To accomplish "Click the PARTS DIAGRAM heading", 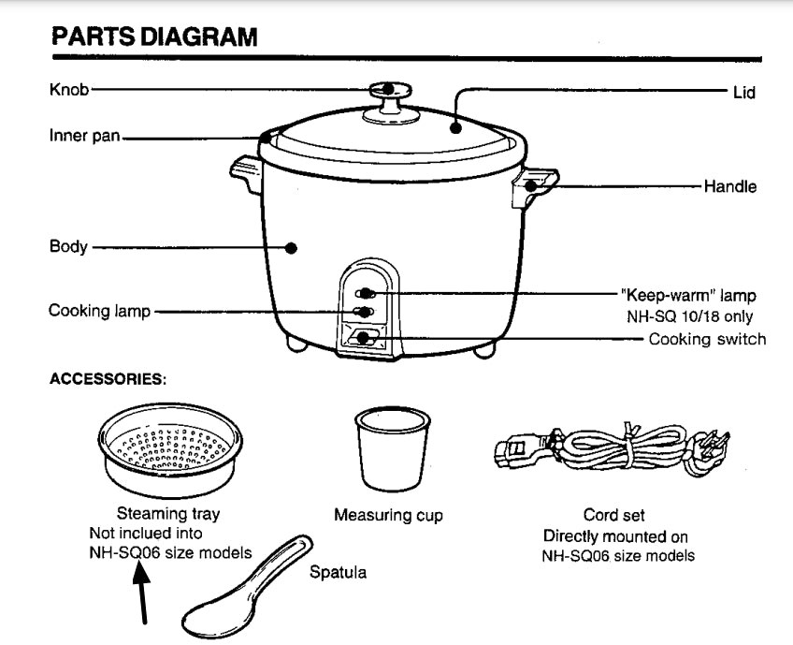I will [x=154, y=38].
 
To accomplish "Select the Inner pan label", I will [x=84, y=136].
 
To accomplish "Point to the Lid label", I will [x=743, y=93].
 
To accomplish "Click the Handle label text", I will [x=730, y=186].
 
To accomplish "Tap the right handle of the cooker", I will [x=534, y=184].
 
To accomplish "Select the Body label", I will [x=68, y=247].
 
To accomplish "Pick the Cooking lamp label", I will [x=99, y=310].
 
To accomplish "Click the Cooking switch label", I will [x=707, y=339].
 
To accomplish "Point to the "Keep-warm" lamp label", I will [x=689, y=296].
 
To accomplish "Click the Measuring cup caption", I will [x=388, y=515].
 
